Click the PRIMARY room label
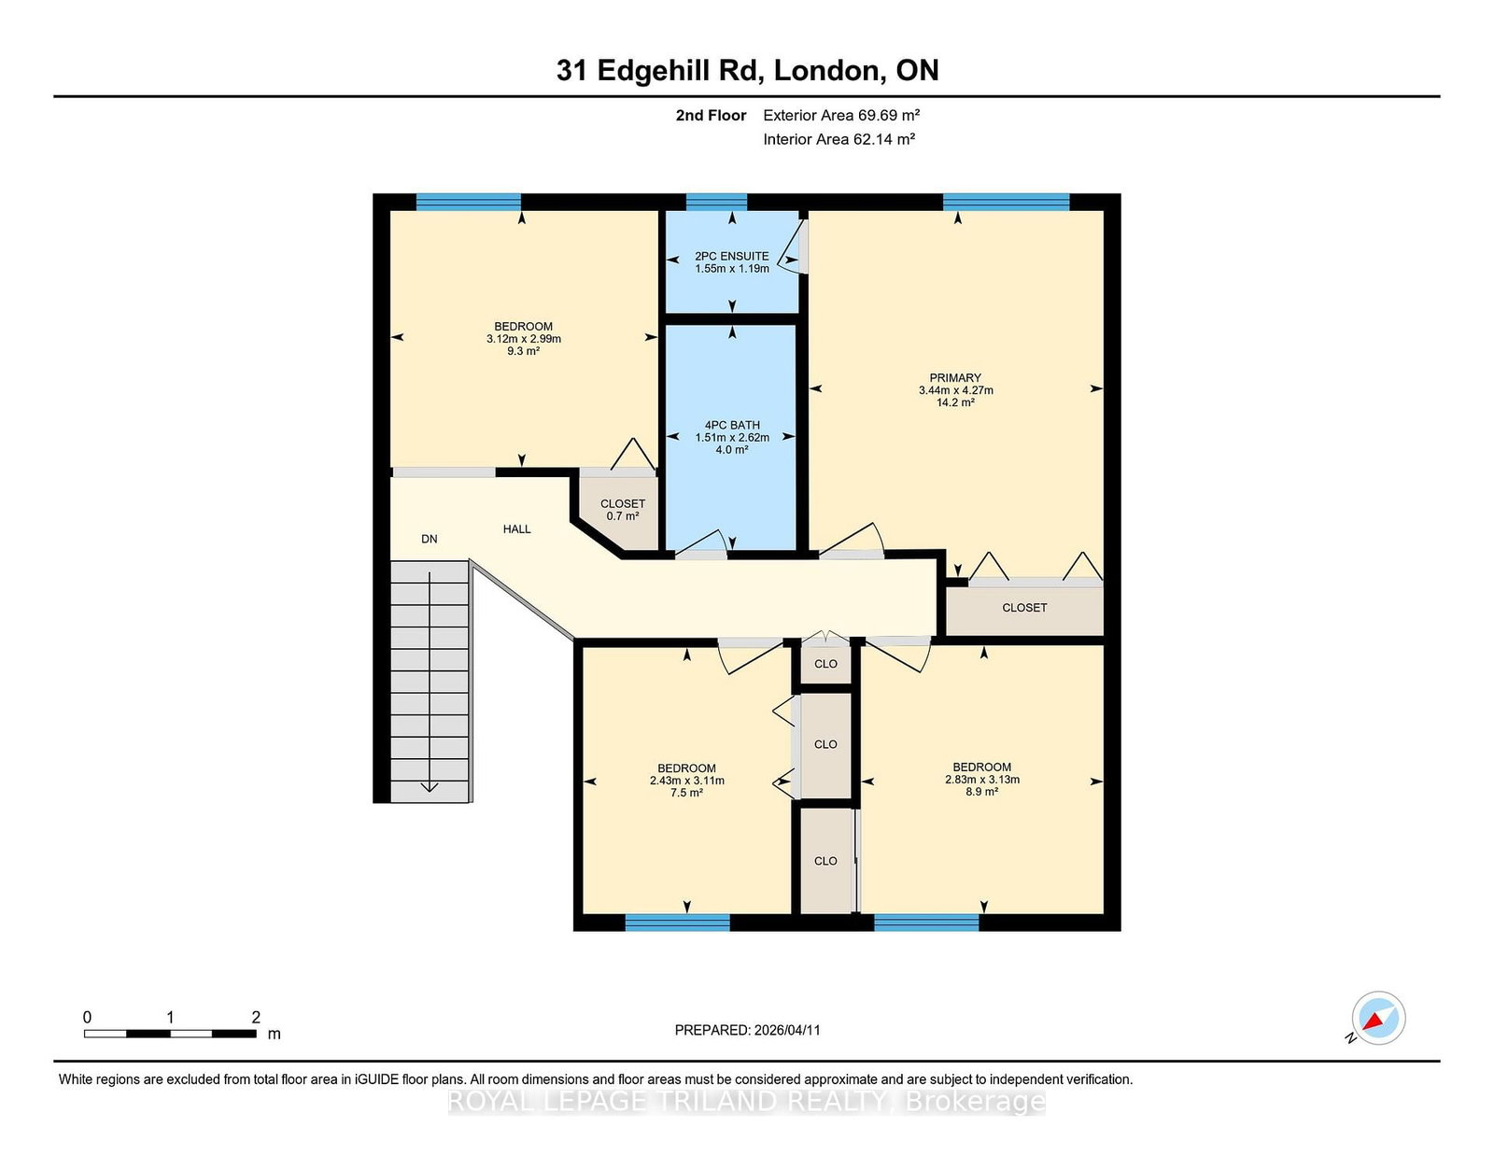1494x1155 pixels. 955,378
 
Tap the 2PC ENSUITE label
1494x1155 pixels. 732,256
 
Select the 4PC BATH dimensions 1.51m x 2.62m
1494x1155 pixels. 732,437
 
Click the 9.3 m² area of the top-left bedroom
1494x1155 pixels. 524,351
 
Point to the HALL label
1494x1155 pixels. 516,528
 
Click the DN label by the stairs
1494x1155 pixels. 430,539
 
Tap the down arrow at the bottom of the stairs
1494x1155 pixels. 429,786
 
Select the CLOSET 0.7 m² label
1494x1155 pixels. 623,510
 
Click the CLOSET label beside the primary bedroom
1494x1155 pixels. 1024,607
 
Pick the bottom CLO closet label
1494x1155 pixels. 825,861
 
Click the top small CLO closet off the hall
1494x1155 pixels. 825,664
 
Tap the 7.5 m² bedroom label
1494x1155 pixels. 686,793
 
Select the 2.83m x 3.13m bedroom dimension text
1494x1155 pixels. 982,779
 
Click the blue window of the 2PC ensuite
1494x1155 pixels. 716,201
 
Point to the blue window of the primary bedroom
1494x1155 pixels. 1006,201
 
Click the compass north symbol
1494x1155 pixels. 1378,1018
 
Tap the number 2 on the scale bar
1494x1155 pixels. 256,1017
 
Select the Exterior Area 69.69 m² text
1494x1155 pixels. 841,115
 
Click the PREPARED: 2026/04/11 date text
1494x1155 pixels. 747,1030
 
